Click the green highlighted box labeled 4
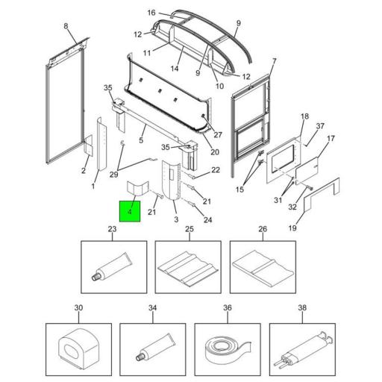(x=131, y=211)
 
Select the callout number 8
(x=65, y=26)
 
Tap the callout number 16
(x=151, y=13)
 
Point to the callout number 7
(x=274, y=60)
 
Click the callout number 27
(x=218, y=135)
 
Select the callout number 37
(x=320, y=126)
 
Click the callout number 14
(x=175, y=68)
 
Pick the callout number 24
(x=207, y=219)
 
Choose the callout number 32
(x=292, y=207)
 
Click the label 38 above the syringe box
(x=301, y=308)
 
